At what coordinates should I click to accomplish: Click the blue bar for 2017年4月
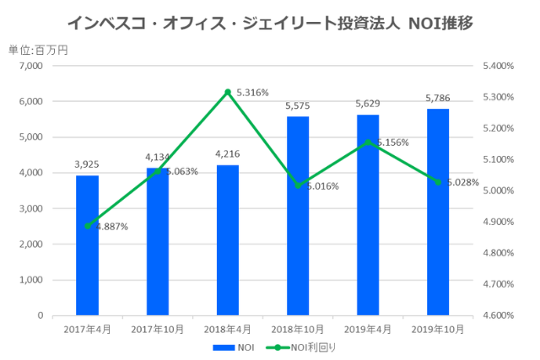tap(87, 245)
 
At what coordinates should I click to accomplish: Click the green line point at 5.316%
tap(228, 92)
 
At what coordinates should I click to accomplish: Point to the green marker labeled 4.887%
tap(88, 225)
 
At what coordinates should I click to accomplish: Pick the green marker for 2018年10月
tap(298, 185)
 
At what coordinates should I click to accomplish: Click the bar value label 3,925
tap(87, 165)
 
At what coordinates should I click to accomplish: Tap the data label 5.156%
tap(391, 142)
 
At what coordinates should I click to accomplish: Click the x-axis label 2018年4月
tap(228, 329)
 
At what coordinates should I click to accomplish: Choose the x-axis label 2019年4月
tap(368, 329)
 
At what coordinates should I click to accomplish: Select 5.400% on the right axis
tap(498, 66)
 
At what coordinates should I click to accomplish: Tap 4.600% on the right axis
tap(498, 315)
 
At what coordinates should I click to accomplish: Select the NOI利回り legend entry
tap(296, 347)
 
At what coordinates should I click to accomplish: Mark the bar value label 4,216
tap(228, 154)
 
